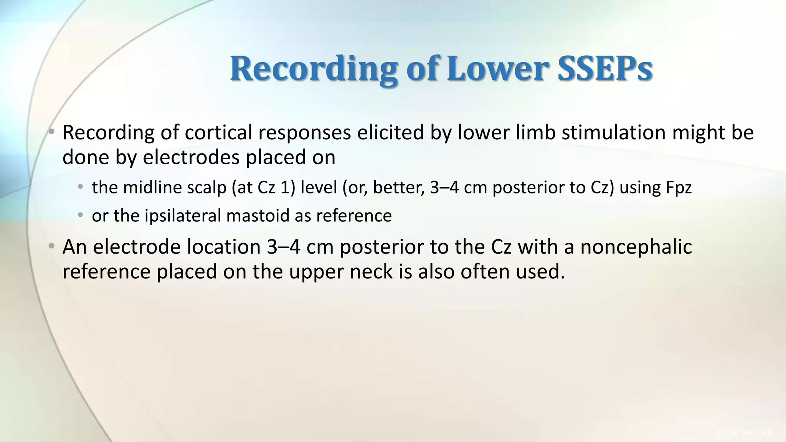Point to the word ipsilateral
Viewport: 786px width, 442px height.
coord(183,216)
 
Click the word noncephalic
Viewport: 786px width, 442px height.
coord(636,247)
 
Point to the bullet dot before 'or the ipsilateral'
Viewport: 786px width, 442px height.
coord(80,215)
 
